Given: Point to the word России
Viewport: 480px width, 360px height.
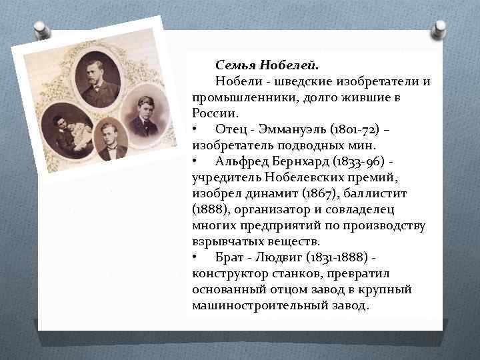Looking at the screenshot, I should (x=211, y=113).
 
